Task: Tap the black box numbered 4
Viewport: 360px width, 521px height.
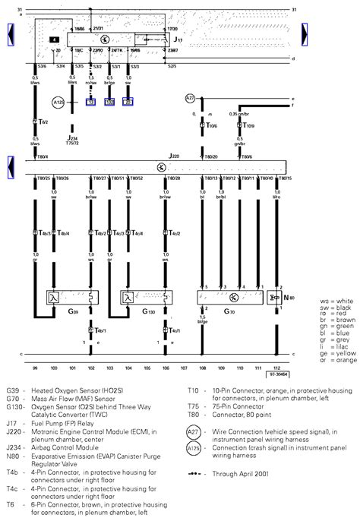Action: point(55,38)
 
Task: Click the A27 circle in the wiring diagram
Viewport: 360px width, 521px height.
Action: point(191,98)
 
